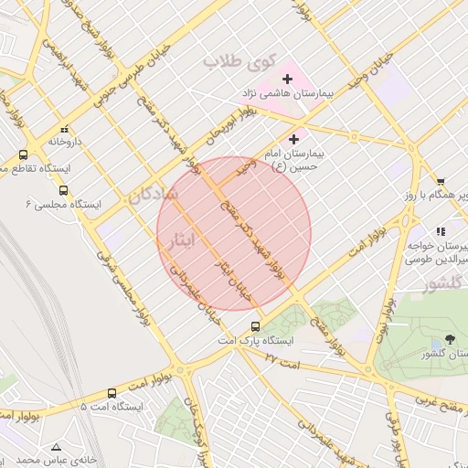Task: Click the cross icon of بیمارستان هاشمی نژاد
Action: tap(287, 80)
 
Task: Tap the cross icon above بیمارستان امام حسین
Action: tap(293, 140)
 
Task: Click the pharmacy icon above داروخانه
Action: tap(64, 129)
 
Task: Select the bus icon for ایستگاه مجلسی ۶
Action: tap(63, 191)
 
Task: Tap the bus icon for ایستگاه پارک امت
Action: tap(255, 326)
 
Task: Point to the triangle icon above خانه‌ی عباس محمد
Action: tap(57, 447)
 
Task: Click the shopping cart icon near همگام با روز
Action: tap(441, 183)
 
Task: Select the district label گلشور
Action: tap(442, 285)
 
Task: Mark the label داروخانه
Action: tap(65, 143)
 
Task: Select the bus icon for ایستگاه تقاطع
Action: tap(23, 154)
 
